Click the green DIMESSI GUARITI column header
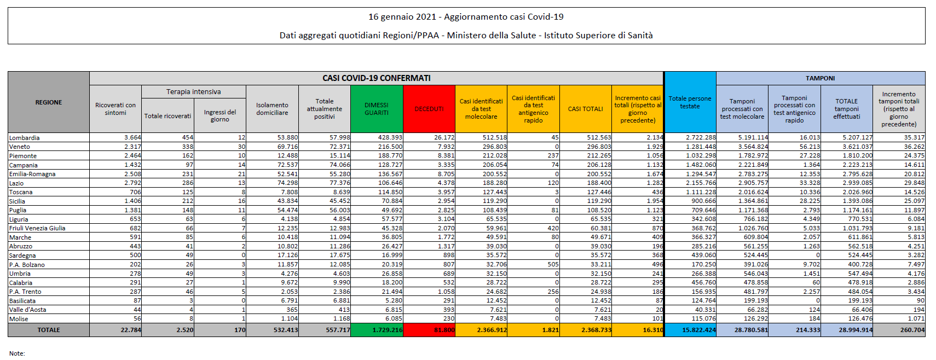pos(377,109)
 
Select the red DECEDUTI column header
pos(429,109)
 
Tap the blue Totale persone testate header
pos(690,102)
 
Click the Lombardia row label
pos(25,138)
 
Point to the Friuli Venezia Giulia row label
pos(37,228)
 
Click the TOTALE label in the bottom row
pos(49,330)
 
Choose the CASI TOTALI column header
pos(585,109)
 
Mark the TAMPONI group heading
pos(820,78)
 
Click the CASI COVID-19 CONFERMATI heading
pos(377,78)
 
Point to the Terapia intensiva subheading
pos(194,92)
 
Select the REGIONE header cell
pos(49,102)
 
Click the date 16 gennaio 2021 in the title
pos(402,17)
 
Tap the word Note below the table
pos(17,353)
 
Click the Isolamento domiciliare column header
pos(272,109)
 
